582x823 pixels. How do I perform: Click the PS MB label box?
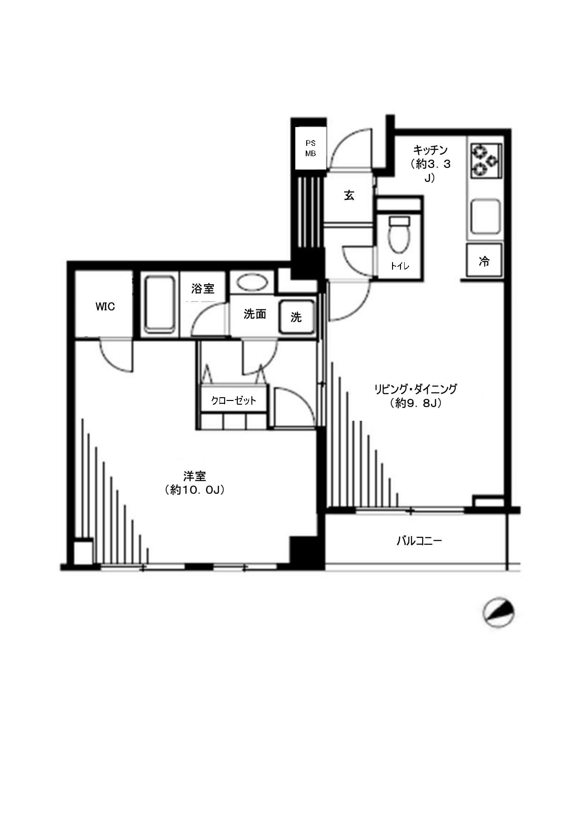point(310,148)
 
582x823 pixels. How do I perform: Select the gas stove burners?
point(486,161)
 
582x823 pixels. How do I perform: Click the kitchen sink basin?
point(485,217)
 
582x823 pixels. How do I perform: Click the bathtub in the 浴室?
point(160,304)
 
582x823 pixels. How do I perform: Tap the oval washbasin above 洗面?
point(252,282)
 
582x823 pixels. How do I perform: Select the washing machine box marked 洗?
point(296,317)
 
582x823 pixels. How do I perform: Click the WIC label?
point(105,307)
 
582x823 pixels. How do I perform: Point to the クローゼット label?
point(234,400)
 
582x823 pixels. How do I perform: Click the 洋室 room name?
point(195,476)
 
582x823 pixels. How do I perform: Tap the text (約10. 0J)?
point(195,490)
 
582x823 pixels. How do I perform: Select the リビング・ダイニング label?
point(416,389)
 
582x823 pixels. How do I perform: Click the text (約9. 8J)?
point(416,403)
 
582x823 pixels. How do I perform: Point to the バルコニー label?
point(419,541)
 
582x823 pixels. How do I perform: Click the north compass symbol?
point(499,613)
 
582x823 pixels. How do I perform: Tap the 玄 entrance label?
point(349,196)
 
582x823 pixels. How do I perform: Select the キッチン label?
point(431,150)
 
